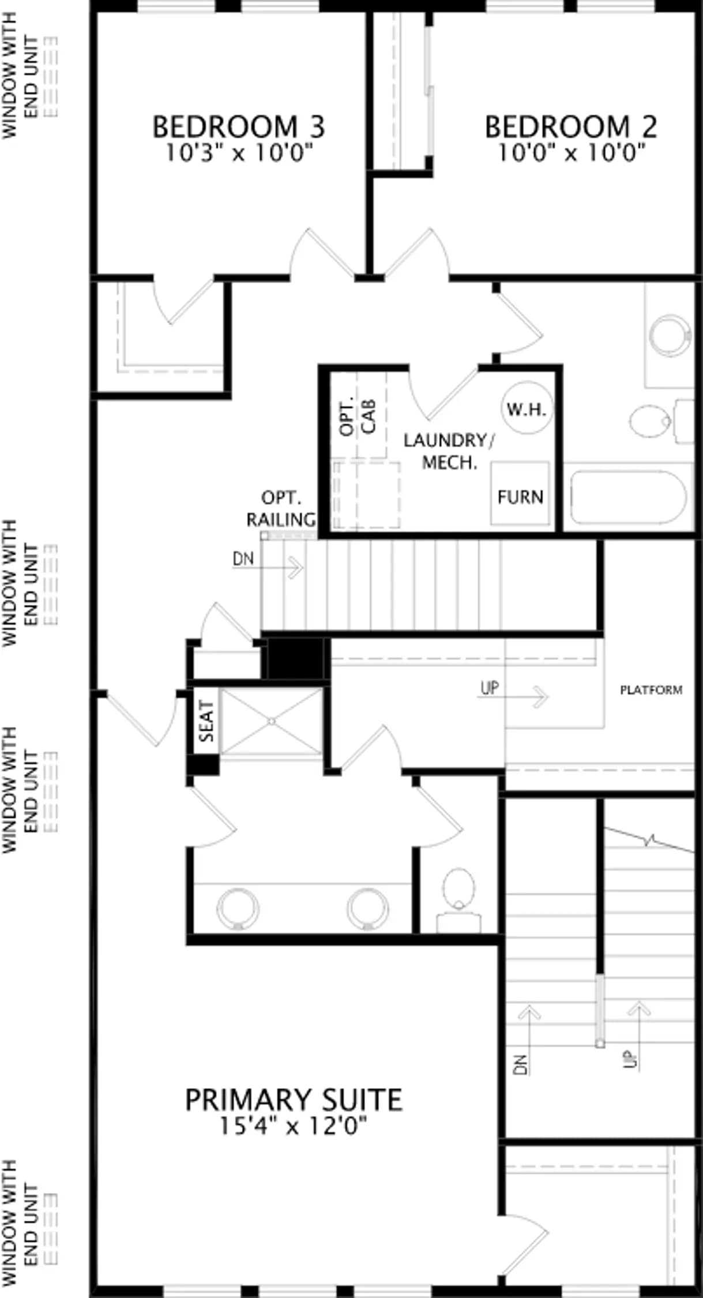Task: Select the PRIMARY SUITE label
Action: tap(294, 1100)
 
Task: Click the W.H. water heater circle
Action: tap(526, 408)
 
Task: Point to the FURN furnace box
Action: tap(520, 493)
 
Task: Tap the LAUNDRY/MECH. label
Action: tap(449, 451)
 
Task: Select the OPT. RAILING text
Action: tap(281, 508)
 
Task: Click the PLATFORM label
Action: tap(651, 690)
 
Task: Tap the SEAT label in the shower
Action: tap(206, 721)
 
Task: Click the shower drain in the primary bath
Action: tap(272, 721)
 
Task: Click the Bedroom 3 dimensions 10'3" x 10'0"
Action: tap(239, 153)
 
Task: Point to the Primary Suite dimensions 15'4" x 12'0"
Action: tap(294, 1126)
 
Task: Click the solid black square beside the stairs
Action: tap(295, 658)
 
